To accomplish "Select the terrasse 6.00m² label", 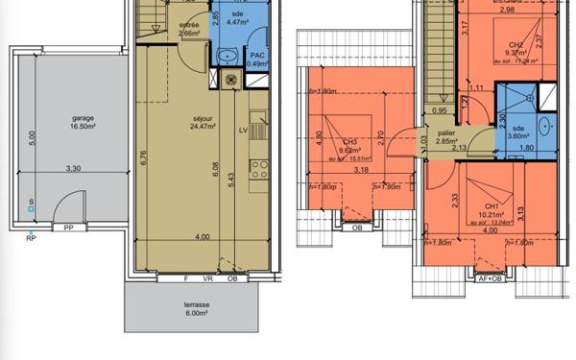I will [197, 309].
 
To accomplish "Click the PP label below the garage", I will [68, 228].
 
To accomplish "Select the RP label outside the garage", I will [30, 236].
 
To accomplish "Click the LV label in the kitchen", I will [242, 130].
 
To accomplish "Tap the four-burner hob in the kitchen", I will [259, 170].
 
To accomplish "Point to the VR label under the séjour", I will [208, 279].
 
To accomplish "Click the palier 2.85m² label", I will [445, 137].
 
